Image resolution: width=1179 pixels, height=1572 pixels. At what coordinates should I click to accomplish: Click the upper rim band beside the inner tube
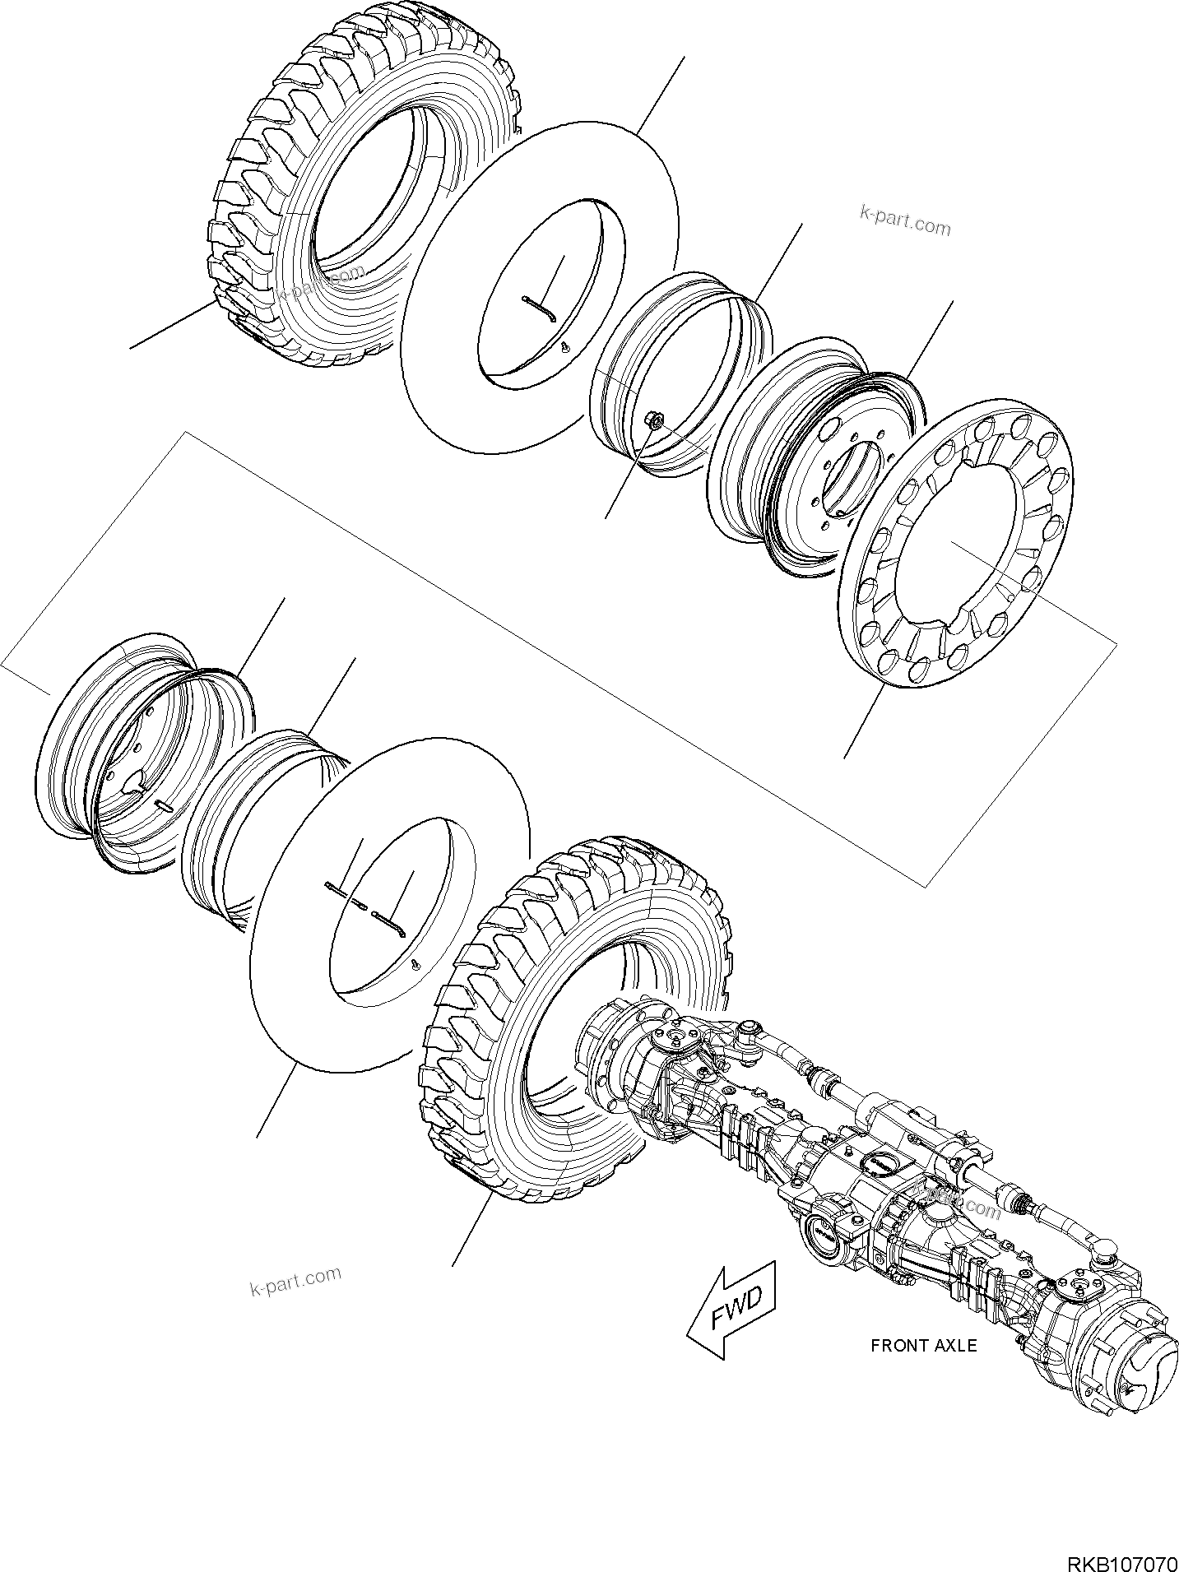[x=683, y=362]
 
